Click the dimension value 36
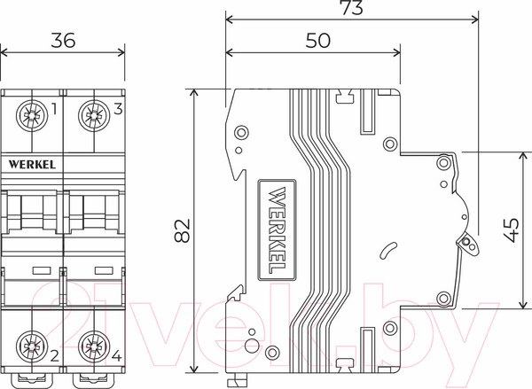point(63,40)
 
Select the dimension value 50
point(317,40)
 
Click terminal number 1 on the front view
point(55,110)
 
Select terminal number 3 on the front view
point(118,110)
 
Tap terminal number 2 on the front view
point(55,356)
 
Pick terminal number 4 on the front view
point(118,356)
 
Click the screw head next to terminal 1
point(33,114)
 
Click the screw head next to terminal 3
point(93,114)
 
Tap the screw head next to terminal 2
point(33,345)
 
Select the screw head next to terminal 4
point(93,345)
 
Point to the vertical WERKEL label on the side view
point(275,229)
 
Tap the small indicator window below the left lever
point(40,267)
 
